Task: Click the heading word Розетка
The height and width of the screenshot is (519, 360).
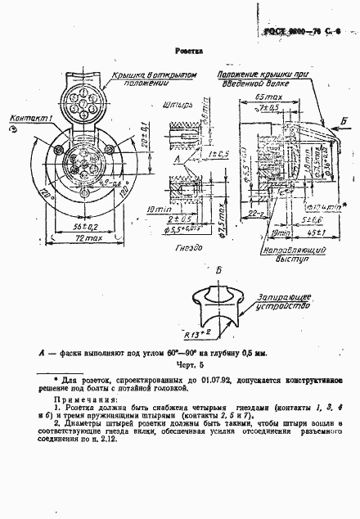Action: (188, 51)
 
